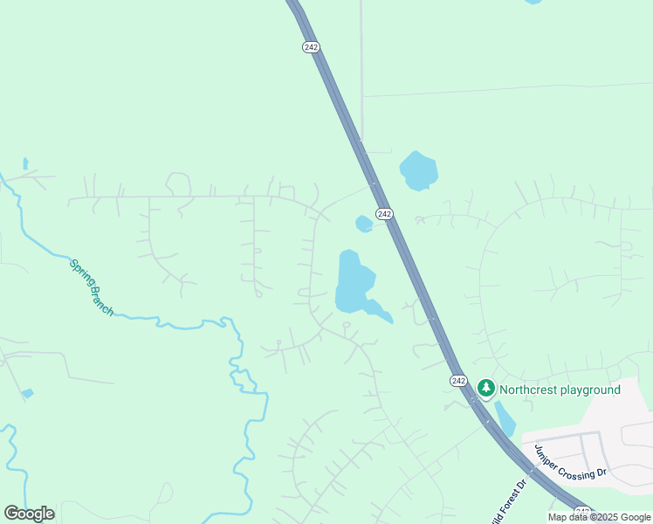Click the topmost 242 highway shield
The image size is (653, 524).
311,47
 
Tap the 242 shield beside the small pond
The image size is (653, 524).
384,214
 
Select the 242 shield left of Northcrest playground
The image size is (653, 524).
459,381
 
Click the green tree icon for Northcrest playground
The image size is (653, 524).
485,389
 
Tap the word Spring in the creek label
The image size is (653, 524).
80,271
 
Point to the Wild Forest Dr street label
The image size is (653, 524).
510,500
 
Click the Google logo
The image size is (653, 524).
29,514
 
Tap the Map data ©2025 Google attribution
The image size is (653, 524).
599,517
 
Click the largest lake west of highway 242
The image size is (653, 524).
353,281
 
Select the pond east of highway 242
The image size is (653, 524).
418,170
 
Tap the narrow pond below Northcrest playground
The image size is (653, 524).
505,418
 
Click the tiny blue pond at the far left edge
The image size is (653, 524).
27,394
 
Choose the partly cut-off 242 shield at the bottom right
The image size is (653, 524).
583,513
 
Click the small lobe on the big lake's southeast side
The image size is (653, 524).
380,310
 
